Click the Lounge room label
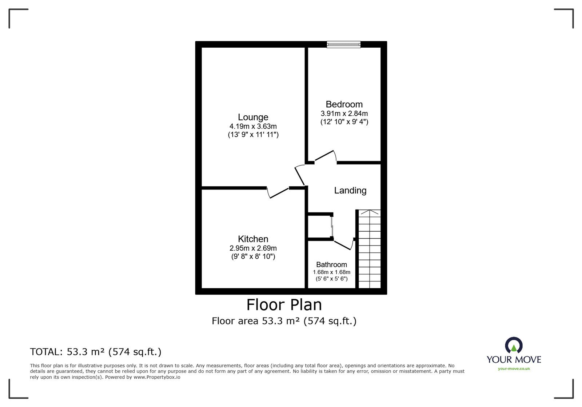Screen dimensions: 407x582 [253, 117]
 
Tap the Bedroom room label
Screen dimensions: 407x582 [344, 104]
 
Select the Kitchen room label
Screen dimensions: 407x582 [253, 239]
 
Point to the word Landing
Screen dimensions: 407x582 [350, 190]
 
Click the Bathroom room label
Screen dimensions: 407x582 [331, 264]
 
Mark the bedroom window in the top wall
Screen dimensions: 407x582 [343, 44]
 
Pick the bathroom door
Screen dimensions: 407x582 [343, 244]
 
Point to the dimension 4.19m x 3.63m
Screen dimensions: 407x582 [253, 127]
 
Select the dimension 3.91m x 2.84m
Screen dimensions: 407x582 [344, 113]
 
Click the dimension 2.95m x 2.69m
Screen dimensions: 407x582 [253, 248]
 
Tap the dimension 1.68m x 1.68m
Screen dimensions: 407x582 [331, 272]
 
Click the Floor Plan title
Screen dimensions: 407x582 [284, 305]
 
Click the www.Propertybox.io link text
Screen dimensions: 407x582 [157, 377]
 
